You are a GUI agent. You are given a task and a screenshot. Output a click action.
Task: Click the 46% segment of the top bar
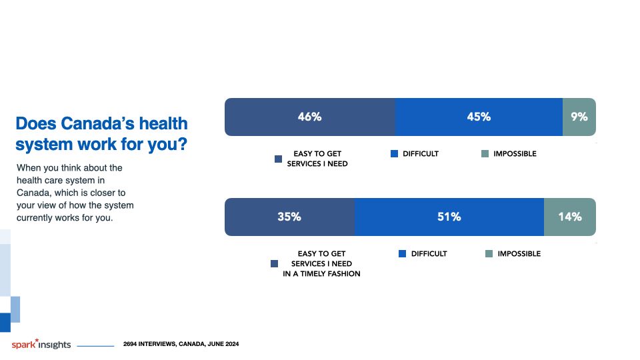pyautogui.click(x=310, y=117)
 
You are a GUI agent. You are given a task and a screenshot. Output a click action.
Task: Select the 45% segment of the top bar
pyautogui.click(x=479, y=117)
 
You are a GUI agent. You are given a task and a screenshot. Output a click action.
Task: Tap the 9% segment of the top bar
pyautogui.click(x=579, y=117)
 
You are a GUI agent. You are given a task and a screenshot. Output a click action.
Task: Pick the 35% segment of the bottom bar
pyautogui.click(x=289, y=217)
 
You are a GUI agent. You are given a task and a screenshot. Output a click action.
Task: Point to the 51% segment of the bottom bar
pyautogui.click(x=449, y=217)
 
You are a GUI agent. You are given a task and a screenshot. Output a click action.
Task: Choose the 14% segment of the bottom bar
pyautogui.click(x=570, y=217)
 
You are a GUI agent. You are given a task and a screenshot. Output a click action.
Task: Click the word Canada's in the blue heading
pyautogui.click(x=97, y=123)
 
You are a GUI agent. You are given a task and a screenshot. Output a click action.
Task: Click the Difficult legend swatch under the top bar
pyautogui.click(x=394, y=153)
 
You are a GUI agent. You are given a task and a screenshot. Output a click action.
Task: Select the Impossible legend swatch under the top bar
pyautogui.click(x=485, y=153)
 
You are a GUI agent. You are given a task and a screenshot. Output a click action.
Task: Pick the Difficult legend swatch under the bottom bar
pyautogui.click(x=403, y=253)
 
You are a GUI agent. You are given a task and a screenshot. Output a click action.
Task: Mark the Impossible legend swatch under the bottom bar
pyautogui.click(x=489, y=253)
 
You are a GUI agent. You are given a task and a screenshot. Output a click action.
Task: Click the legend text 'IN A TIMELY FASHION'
pyautogui.click(x=321, y=273)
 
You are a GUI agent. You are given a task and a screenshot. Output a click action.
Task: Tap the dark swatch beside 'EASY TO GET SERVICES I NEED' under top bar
pyautogui.click(x=279, y=159)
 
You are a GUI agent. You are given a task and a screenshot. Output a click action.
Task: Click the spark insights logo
pyautogui.click(x=41, y=344)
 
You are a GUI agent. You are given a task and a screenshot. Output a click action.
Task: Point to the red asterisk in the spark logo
pyautogui.click(x=37, y=340)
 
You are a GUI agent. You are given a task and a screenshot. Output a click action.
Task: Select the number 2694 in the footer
pyautogui.click(x=130, y=344)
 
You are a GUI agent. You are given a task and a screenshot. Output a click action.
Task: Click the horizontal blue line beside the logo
pyautogui.click(x=95, y=346)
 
